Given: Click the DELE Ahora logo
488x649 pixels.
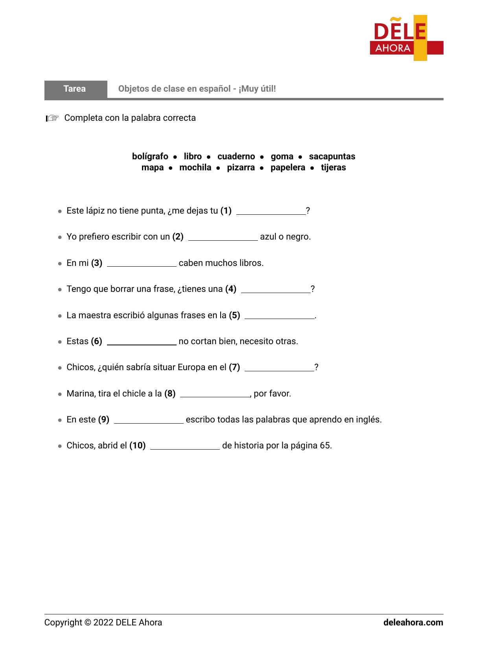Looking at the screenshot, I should coord(406,38).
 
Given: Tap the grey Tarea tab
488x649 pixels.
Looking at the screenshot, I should coord(75,89).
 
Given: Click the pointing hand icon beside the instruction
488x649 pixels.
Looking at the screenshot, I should coord(52,118).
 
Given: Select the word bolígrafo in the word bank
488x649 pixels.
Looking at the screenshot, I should coord(150,157).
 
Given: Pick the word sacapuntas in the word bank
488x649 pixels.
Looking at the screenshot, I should coord(332,157).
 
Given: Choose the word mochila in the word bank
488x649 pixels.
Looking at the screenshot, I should coord(195,168).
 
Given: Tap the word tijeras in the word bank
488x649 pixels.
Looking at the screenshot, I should coord(333,168).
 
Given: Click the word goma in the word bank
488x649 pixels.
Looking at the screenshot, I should coord(282,157).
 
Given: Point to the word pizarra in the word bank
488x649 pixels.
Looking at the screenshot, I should coord(241,168).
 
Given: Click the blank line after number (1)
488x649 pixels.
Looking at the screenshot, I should coord(271,212).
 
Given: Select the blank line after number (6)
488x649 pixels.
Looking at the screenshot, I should coord(142,342).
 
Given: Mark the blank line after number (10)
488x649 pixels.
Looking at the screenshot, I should coord(185,446).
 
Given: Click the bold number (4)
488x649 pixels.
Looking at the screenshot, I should coord(230,289).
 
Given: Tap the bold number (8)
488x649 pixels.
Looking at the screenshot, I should coord(170,394).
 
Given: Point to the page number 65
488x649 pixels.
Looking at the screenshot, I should coord(325,446).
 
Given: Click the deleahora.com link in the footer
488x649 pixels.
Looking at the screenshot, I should coord(413,623).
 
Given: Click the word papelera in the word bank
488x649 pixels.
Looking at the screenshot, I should coord(287,168).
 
